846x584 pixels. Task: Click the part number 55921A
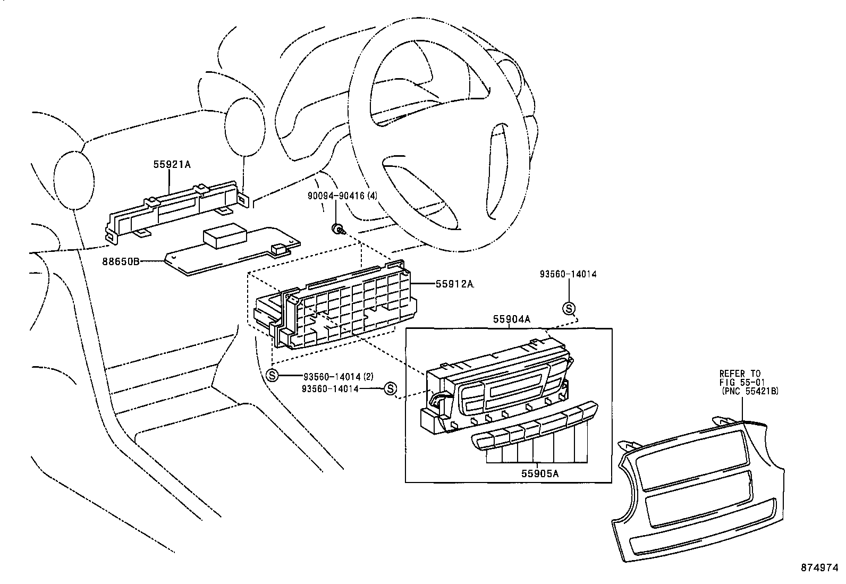coord(172,165)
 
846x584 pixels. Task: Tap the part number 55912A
coord(454,284)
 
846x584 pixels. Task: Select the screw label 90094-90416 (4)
coord(342,196)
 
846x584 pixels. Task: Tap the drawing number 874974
coord(823,568)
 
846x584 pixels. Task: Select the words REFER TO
coord(740,374)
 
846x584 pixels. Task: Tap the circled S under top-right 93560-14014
coord(569,308)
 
